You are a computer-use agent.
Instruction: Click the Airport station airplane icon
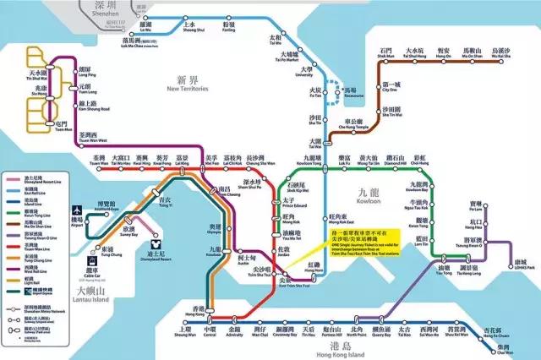coord(77,209)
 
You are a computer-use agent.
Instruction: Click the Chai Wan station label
coord(505,351)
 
